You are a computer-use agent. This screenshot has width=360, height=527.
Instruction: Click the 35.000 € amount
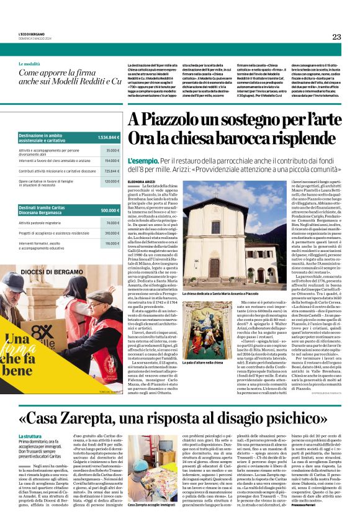pos(112,150)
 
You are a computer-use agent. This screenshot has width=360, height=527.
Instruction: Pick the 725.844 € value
pos(112,170)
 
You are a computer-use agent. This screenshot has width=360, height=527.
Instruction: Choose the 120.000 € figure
pos(112,181)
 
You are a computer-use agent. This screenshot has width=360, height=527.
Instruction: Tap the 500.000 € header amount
pos(110,210)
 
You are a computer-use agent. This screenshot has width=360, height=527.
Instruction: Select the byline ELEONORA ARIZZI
pos(141,181)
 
